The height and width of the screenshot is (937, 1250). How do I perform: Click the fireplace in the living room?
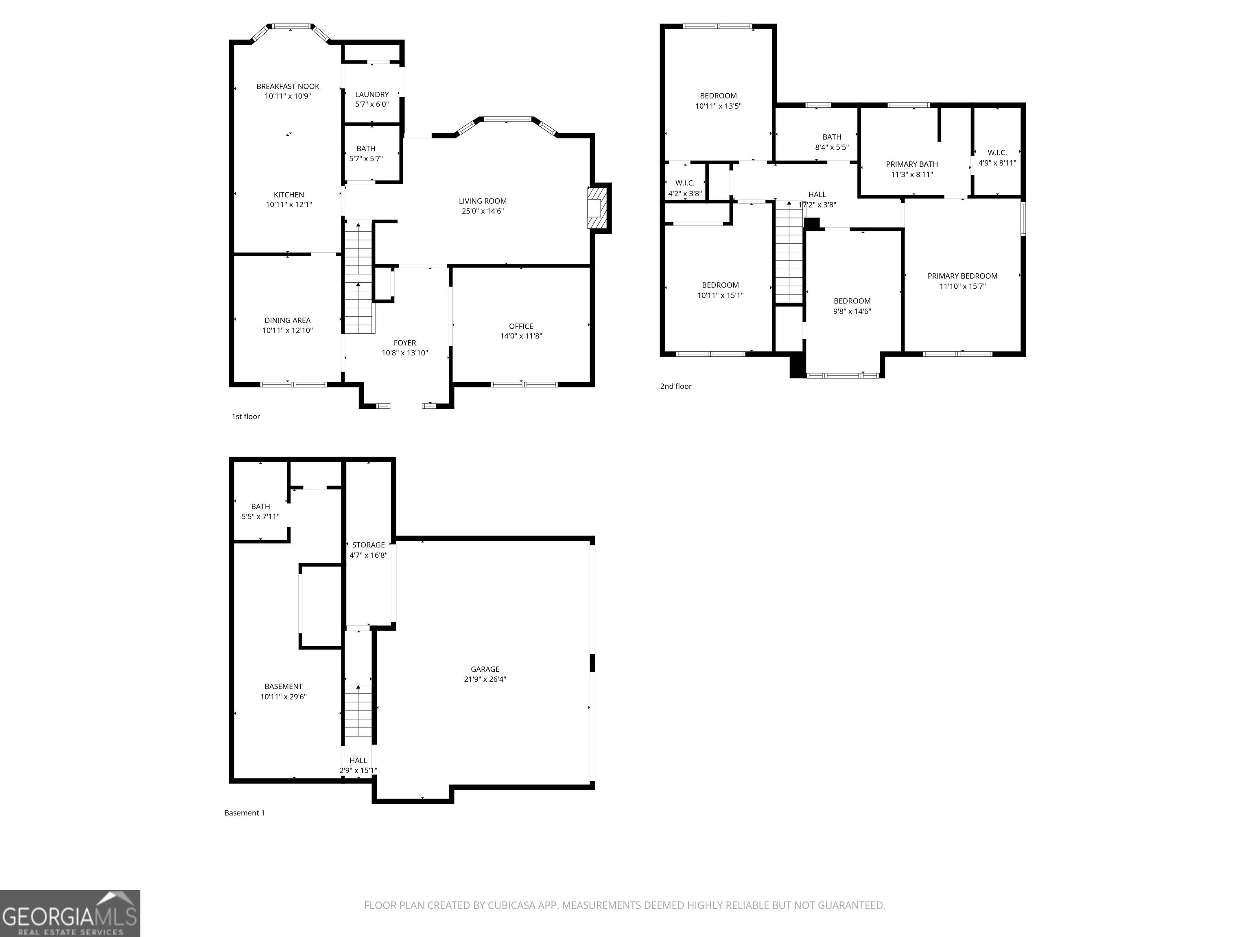point(595,208)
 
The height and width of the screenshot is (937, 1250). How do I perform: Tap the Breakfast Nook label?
point(288,86)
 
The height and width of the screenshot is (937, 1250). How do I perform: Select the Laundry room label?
point(372,94)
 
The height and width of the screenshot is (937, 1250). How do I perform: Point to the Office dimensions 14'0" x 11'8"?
point(521,336)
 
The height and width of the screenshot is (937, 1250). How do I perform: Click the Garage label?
point(485,669)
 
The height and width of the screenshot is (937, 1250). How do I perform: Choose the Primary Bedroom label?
point(962,276)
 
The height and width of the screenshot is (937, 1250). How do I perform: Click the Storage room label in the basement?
point(368,545)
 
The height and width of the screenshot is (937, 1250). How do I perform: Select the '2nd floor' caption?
point(676,386)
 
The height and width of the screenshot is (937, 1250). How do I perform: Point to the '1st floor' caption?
point(246,417)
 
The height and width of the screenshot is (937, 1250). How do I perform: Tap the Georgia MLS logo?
point(70,913)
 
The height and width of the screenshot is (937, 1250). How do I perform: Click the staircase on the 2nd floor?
point(789,253)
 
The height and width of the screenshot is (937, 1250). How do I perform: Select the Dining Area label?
point(288,320)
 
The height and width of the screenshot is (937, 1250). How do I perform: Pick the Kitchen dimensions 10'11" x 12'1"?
point(289,205)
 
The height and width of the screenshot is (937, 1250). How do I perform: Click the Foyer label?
point(404,343)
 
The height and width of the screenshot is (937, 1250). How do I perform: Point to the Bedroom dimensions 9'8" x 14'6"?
point(852,311)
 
